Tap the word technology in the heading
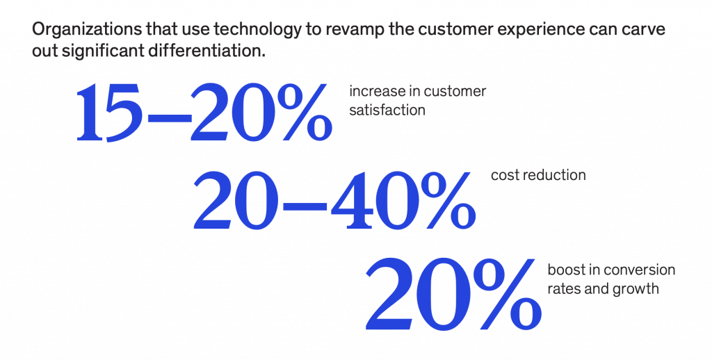coord(257,29)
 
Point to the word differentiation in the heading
coord(206,51)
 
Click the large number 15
coord(109,112)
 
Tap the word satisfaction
coord(387,110)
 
